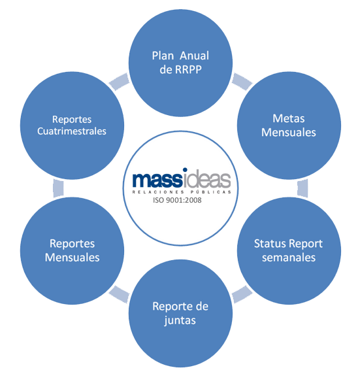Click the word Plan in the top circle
click(163, 56)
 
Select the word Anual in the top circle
click(195, 56)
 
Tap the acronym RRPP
click(188, 69)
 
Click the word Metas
click(289, 118)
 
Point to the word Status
click(270, 244)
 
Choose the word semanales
click(289, 258)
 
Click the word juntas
click(180, 321)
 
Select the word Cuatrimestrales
click(72, 131)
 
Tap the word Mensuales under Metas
click(289, 133)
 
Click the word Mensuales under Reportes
click(72, 258)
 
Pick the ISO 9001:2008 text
click(177, 200)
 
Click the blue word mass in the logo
click(157, 180)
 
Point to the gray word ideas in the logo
click(206, 179)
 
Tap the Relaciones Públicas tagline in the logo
click(182, 192)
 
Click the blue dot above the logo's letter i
click(185, 170)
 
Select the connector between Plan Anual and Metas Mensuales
click(242, 82)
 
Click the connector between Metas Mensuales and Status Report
click(303, 188)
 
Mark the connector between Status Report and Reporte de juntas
click(242, 294)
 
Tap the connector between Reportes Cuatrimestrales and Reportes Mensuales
click(59, 188)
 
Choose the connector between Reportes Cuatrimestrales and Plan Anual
click(119, 82)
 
